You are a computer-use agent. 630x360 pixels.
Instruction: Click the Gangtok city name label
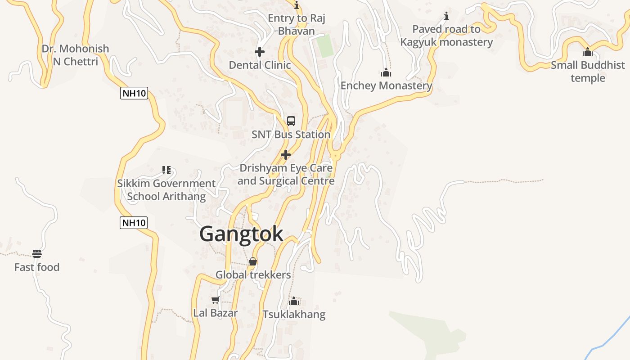[x=241, y=234]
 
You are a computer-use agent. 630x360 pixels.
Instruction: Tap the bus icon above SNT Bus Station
[x=291, y=121]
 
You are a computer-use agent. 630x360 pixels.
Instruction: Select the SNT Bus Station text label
[x=291, y=135]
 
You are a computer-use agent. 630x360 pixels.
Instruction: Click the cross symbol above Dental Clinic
[x=260, y=52]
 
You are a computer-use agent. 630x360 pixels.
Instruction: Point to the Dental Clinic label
[x=260, y=65]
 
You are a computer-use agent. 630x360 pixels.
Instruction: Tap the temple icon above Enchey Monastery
[x=386, y=73]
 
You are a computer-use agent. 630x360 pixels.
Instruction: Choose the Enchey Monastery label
[x=386, y=85]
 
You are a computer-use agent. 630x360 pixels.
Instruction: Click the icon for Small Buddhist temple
[x=588, y=52]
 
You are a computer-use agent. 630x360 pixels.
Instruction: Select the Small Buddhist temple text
[x=588, y=72]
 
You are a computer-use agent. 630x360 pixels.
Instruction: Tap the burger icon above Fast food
[x=37, y=254]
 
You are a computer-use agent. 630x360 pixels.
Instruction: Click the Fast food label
[x=37, y=267]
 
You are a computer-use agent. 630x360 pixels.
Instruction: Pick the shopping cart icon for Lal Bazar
[x=215, y=300]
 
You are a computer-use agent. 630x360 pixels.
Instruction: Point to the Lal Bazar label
[x=216, y=313]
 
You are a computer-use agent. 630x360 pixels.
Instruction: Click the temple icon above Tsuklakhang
[x=294, y=301]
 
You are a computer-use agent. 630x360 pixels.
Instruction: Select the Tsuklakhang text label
[x=294, y=314]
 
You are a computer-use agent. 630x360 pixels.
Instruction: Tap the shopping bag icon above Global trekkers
[x=253, y=261]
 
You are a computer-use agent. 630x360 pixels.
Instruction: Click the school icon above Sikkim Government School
[x=166, y=170]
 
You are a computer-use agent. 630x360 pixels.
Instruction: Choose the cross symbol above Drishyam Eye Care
[x=286, y=155]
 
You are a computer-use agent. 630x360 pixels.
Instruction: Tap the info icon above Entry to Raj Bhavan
[x=297, y=5]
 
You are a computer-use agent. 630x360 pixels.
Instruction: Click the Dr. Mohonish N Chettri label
[x=75, y=55]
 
